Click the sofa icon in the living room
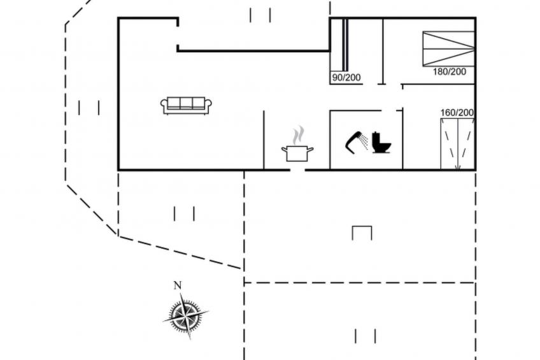point(186,105)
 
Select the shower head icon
point(354,141)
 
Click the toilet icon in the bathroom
point(381,142)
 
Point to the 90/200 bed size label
point(346,78)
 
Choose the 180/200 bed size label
point(450,71)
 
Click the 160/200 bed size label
point(457,113)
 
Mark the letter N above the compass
point(178,285)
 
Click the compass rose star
point(185,313)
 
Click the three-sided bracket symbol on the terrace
point(362,233)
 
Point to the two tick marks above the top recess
point(260,15)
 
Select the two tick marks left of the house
point(89,108)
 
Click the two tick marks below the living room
point(184,213)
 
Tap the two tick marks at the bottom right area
point(365,336)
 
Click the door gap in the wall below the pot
point(298,170)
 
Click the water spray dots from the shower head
point(364,141)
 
